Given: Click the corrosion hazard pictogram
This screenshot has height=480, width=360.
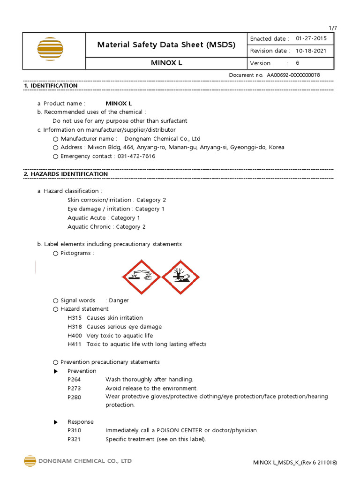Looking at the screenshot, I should pyautogui.click(x=141, y=277).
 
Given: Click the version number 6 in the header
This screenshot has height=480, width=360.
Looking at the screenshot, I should pyautogui.click(x=297, y=63).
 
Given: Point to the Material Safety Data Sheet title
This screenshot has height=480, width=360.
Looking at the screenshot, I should pyautogui.click(x=166, y=45).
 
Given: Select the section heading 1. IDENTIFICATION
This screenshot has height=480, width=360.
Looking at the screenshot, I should pyautogui.click(x=51, y=86).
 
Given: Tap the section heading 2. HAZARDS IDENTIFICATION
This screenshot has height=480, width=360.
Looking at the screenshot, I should pyautogui.click(x=66, y=174).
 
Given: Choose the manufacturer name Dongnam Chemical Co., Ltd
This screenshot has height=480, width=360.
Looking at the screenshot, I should pyautogui.click(x=162, y=139).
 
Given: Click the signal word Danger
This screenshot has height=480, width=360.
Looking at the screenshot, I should pyautogui.click(x=119, y=300).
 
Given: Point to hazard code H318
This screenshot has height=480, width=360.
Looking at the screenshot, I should pyautogui.click(x=75, y=327).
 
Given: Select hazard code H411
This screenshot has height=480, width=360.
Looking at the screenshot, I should pyautogui.click(x=75, y=344).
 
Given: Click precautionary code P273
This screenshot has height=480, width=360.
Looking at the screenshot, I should pyautogui.click(x=74, y=388).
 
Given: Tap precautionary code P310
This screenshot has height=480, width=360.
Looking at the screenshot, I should pyautogui.click(x=74, y=430).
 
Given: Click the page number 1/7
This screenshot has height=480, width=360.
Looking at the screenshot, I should pyautogui.click(x=333, y=28).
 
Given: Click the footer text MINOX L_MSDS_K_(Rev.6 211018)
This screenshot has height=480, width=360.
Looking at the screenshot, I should pyautogui.click(x=295, y=463).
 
